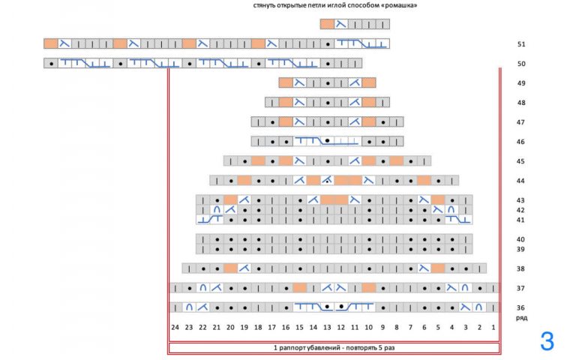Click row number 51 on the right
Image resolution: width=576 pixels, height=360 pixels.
pos(520,44)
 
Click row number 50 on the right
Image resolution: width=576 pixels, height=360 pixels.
pos(520,64)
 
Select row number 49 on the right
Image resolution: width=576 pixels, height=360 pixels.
pos(520,83)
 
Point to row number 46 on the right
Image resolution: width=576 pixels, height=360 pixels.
pos(520,142)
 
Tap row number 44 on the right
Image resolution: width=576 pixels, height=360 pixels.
pos(520,181)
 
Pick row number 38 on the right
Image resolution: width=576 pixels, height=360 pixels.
pos(520,268)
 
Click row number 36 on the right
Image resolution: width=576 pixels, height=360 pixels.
pos(520,307)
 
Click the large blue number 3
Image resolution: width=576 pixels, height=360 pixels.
pos(547,342)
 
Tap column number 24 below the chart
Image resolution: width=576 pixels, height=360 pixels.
pos(175,327)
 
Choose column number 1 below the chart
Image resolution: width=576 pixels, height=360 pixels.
pos(493,327)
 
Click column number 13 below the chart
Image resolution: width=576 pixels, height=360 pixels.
pos(327,327)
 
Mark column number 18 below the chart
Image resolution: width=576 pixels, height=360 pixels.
pos(258,327)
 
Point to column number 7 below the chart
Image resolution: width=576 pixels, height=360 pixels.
pos(410,327)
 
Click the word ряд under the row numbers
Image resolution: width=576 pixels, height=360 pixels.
pos(520,317)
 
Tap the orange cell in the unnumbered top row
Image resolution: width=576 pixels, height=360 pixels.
pos(327,24)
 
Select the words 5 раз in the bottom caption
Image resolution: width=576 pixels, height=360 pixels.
pos(385,348)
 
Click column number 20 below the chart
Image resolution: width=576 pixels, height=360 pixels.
pos(230,327)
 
